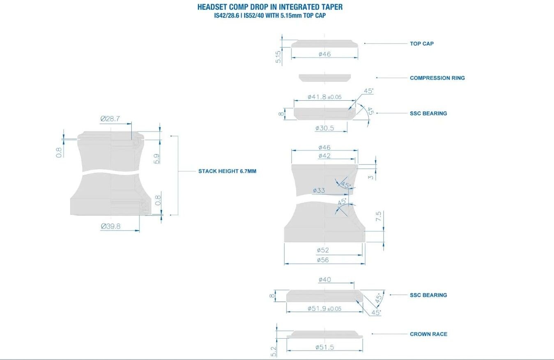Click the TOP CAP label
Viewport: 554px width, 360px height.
point(421,44)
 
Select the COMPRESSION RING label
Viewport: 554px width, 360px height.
point(437,78)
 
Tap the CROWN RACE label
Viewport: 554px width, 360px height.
point(428,334)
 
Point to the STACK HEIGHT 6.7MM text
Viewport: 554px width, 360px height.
point(227,171)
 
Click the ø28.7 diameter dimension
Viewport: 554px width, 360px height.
point(110,119)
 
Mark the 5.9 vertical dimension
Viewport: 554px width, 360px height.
point(156,159)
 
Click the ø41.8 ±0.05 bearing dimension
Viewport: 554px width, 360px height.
point(324,97)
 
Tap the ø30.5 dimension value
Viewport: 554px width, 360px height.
point(324,128)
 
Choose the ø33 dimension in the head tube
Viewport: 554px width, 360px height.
point(319,190)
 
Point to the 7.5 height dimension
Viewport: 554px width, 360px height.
point(378,217)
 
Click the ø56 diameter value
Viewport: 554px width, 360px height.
point(323,260)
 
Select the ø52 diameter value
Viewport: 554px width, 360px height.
point(323,250)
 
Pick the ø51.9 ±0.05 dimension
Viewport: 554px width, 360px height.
point(324,309)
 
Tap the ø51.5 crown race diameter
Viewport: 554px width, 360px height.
point(324,347)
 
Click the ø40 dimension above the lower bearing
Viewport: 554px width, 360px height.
point(324,280)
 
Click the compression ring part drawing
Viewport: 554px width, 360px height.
point(324,78)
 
